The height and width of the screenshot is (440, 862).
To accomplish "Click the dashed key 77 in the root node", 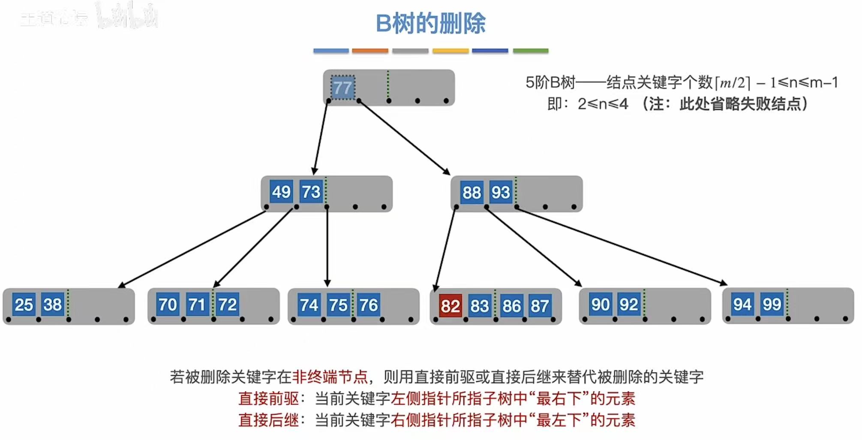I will pos(342,88).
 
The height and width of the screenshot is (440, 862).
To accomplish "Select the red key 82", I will pos(450,306).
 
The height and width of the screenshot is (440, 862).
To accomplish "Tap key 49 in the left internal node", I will pos(281,192).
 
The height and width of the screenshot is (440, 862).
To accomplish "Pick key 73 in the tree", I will pos(311,192).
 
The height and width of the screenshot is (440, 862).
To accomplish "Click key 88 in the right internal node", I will pos(472,193).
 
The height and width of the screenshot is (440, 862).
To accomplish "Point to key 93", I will pos(501,193).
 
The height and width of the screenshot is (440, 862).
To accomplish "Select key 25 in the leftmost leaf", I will pos(24,305).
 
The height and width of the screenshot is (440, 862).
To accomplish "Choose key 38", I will pos(53,304).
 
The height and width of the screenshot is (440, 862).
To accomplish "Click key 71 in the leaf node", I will pos(197,305).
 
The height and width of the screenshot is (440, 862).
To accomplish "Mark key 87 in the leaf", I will pos(540,306).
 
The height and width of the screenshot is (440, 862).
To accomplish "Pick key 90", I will pos(600,304).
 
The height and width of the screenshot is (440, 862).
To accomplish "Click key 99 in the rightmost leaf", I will pos(772,304).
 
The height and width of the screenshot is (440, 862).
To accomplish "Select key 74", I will pos(309,305).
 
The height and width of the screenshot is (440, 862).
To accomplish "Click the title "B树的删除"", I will pos(430,23).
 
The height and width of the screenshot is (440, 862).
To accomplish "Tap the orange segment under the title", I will pos(370,51).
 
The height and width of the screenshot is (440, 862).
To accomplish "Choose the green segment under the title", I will pos(530,51).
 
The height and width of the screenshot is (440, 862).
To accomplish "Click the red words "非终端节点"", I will pos(330,377).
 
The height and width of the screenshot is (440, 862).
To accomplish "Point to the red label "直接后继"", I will pos(268,420).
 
